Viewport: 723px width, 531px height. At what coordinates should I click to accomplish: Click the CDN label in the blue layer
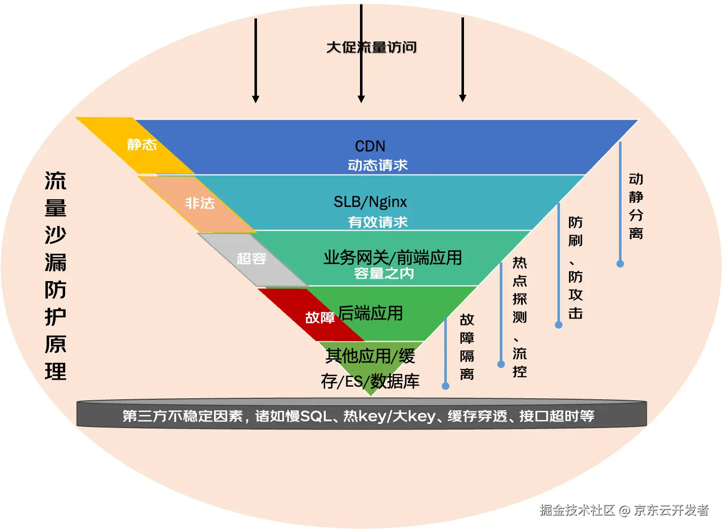point(370,146)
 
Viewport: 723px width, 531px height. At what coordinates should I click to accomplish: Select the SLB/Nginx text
point(370,202)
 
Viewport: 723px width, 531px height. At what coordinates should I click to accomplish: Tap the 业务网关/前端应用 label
point(392,257)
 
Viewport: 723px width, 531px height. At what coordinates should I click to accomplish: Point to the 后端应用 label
point(371,313)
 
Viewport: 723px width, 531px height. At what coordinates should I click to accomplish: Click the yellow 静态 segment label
point(142,145)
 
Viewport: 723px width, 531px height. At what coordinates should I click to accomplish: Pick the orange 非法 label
point(200,203)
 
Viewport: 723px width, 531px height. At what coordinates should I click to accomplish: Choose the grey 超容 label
point(251,258)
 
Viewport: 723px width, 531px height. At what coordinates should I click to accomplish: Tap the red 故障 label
point(320,317)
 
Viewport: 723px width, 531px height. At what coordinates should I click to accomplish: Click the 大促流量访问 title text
point(372,47)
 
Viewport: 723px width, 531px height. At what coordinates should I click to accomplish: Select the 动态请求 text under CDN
point(378,165)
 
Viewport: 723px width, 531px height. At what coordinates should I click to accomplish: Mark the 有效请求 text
point(378,222)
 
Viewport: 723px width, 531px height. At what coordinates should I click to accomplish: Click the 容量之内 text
point(384,274)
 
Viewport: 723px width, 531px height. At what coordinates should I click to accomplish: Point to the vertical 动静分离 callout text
point(636,206)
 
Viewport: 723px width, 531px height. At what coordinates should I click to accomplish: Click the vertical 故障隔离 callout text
point(467,347)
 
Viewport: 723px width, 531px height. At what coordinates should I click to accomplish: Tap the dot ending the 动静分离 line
point(620,263)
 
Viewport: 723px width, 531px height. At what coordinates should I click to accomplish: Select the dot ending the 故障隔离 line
point(445,386)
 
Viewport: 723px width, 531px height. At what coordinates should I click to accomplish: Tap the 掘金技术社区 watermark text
point(577,510)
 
